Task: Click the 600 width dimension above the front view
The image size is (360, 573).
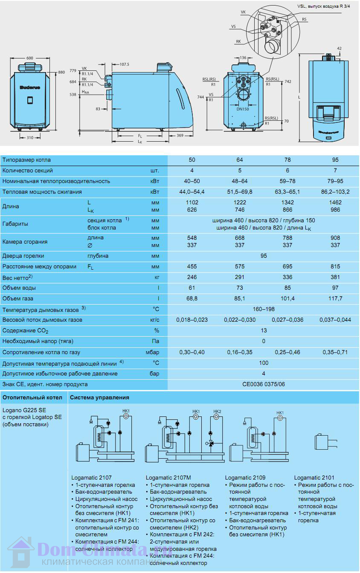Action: pos(30,58)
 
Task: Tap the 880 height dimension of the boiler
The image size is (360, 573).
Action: pos(61,72)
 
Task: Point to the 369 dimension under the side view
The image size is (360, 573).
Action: pos(180,135)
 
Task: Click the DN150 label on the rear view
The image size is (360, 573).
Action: pos(242,109)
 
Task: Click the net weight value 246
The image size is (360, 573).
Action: pos(192,277)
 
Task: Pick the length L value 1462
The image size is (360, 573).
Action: pos(335,203)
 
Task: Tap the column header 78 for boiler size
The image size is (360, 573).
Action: pos(287,160)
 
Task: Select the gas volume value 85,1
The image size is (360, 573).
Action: pos(240,299)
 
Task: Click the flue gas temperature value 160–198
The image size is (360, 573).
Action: pos(264,309)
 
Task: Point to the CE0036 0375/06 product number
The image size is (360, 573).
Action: pos(264,384)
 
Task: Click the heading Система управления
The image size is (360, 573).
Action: pos(99,398)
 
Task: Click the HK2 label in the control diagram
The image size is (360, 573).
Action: pos(217,412)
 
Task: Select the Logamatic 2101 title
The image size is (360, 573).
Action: pos(314,478)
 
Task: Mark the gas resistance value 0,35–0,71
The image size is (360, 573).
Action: pos(335,352)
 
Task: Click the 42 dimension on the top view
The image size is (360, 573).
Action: pos(339,49)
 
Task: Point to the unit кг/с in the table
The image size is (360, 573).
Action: pos(155,320)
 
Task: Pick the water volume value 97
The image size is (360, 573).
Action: pos(335,288)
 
